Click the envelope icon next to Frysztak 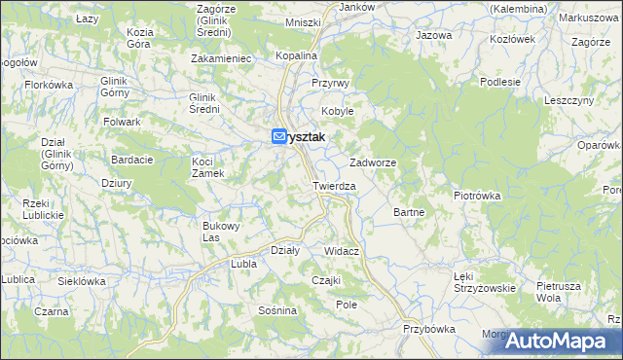click(279, 137)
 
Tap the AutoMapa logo click(562, 341)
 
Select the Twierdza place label click(334, 185)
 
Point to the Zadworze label click(372, 162)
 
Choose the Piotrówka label click(477, 195)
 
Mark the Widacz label click(342, 251)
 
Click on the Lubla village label click(242, 263)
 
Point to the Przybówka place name click(428, 329)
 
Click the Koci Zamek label click(208, 166)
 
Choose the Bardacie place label click(129, 159)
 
